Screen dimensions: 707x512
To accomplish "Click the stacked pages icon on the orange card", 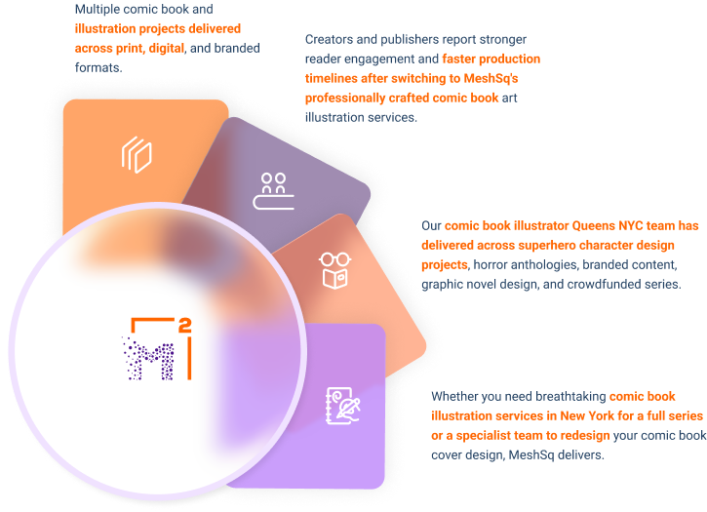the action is [x=137, y=155].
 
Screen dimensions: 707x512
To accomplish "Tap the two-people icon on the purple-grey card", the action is [x=273, y=191].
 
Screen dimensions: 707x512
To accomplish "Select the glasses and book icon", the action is [x=334, y=270].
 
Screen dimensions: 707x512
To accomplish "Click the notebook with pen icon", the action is [x=343, y=406].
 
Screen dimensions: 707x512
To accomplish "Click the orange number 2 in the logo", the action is [x=185, y=326].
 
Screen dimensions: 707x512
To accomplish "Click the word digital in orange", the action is [x=167, y=48].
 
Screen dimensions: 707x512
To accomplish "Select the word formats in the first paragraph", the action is [x=98, y=67].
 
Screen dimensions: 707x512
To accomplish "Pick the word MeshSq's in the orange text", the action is [x=491, y=78].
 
